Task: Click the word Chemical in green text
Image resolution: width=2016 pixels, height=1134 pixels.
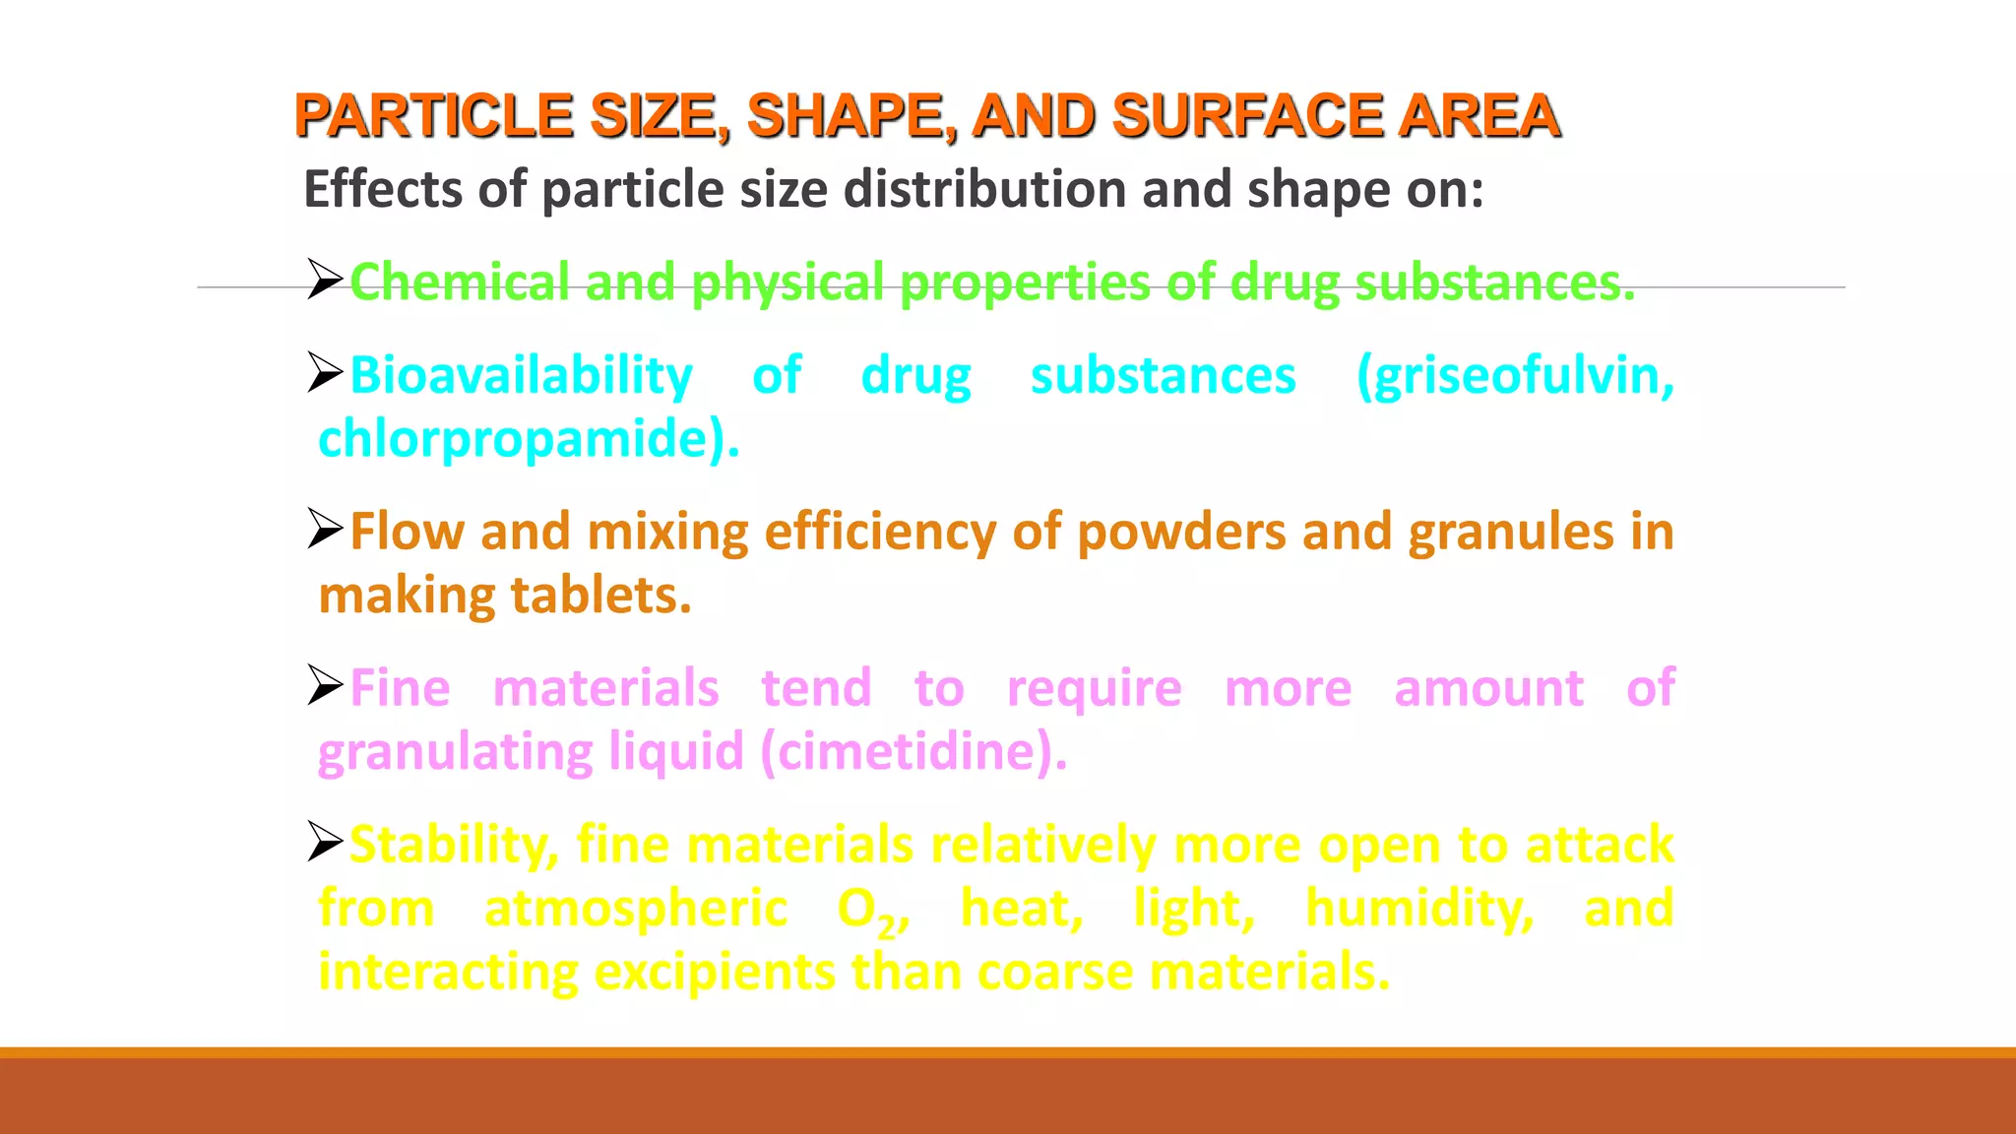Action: tap(459, 283)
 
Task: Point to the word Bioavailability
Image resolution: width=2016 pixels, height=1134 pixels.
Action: tap(521, 376)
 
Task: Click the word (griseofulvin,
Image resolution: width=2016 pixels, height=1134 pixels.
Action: tap(1514, 376)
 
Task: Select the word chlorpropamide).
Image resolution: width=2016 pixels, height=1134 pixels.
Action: tap(529, 439)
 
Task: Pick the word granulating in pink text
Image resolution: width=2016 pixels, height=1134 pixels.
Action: tap(455, 752)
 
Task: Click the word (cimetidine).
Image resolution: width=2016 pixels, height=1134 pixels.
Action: tap(913, 752)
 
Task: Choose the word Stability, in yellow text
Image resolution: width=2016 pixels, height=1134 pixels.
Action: tap(454, 845)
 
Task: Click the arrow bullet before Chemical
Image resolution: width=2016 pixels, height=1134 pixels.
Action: tap(324, 280)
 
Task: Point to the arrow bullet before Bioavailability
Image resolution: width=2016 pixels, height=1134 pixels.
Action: tap(324, 373)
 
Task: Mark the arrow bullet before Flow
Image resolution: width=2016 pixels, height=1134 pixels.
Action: tap(324, 530)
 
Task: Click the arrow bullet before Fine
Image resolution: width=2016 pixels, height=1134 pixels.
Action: tap(324, 685)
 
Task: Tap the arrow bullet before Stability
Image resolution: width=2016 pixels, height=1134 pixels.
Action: tap(324, 842)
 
